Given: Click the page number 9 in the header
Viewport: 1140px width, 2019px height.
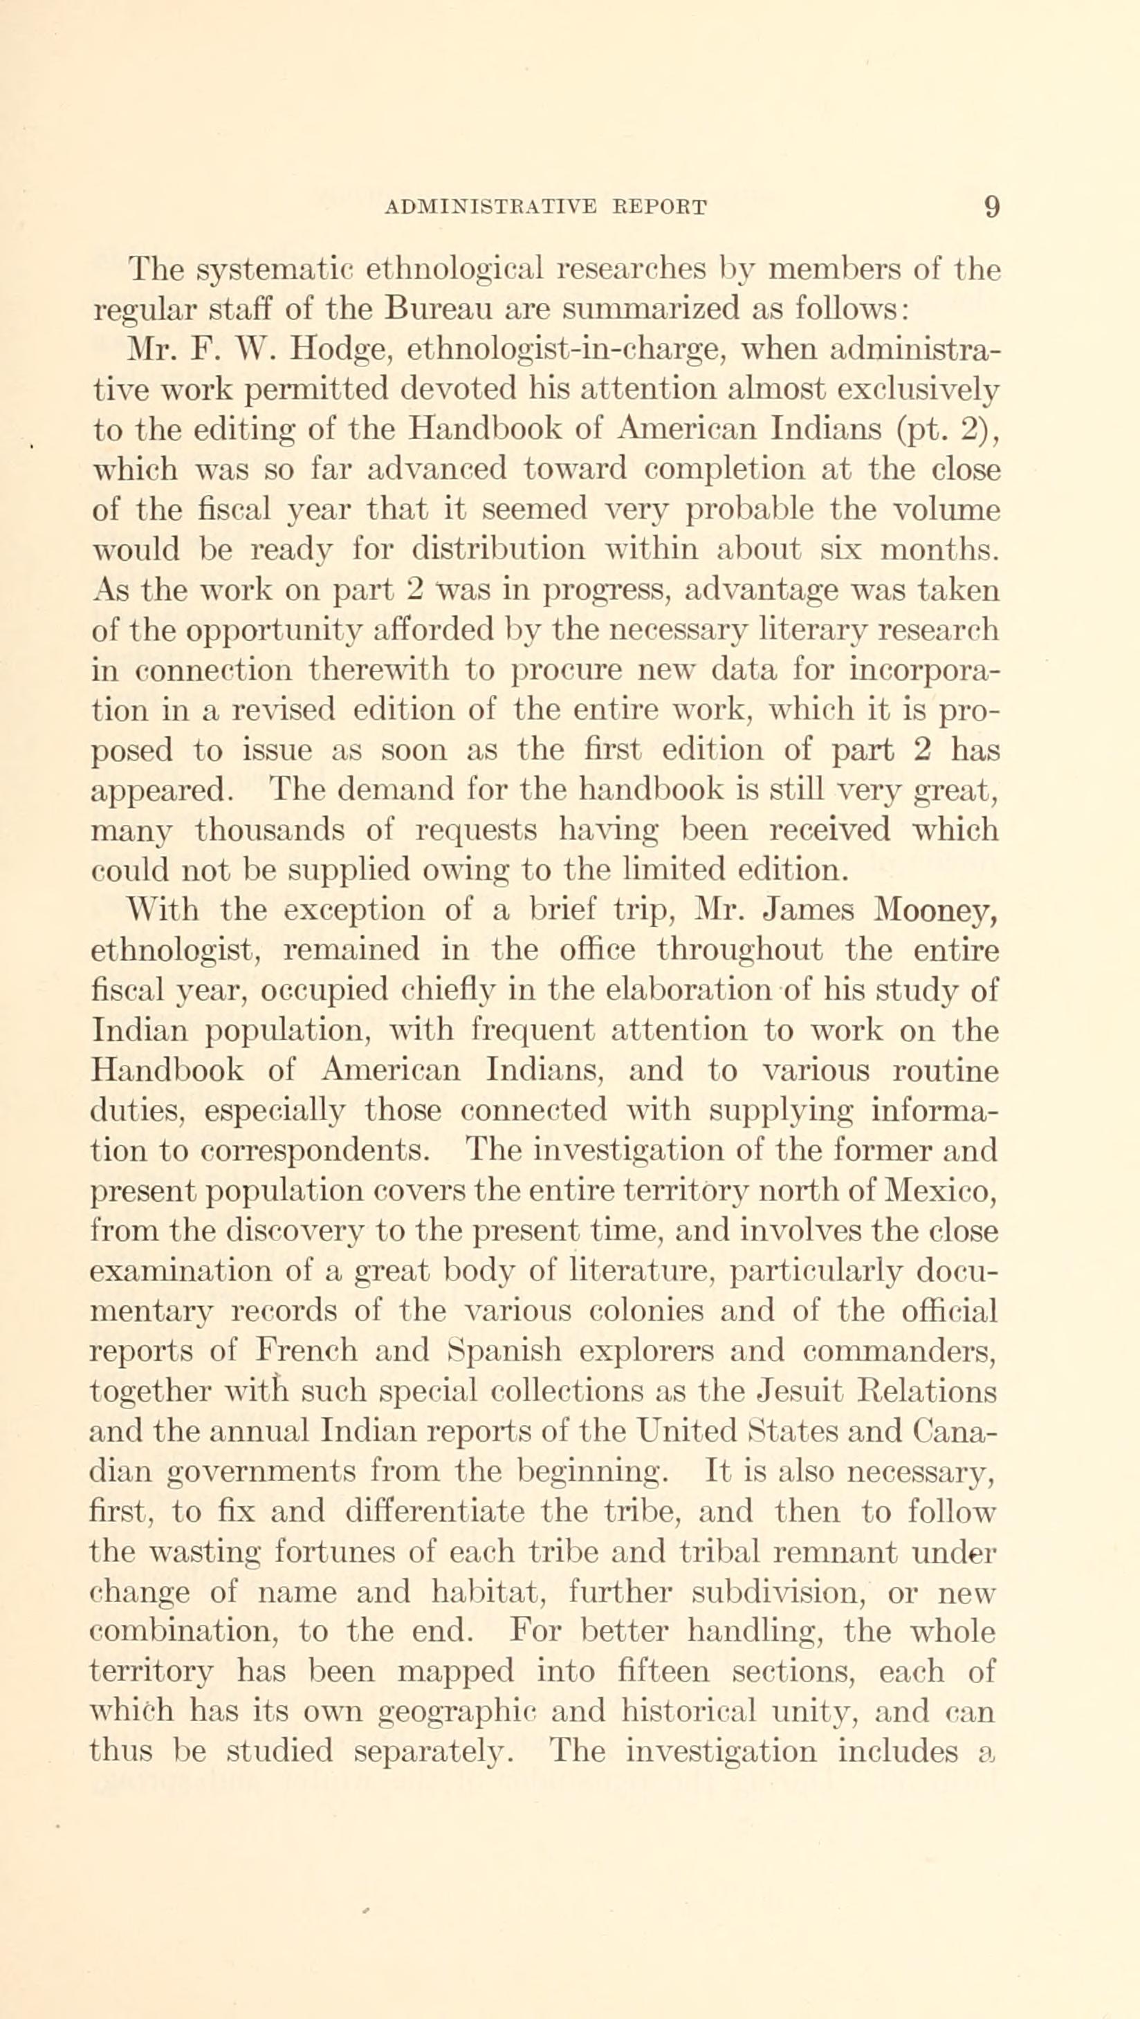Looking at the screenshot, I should click(x=992, y=207).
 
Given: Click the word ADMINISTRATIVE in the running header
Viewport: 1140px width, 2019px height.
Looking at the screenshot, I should click(x=492, y=207).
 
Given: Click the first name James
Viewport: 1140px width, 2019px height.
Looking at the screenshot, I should click(x=809, y=910).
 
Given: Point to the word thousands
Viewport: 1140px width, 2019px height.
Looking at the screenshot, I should click(x=293, y=829).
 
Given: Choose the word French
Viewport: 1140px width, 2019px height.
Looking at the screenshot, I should click(x=306, y=1351).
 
